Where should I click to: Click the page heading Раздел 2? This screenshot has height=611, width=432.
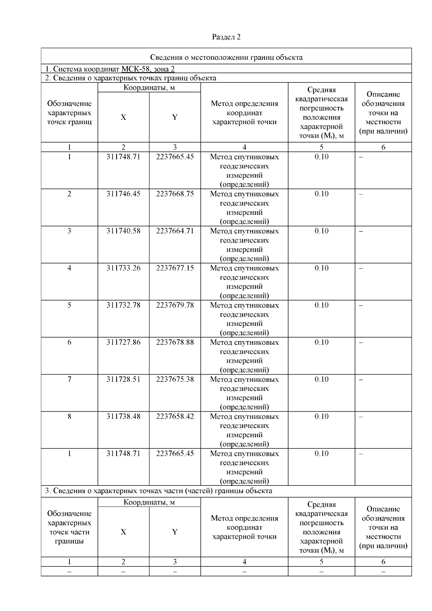(x=226, y=37)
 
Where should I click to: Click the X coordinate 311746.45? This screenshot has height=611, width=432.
(x=123, y=194)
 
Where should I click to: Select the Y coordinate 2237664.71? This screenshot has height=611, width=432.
(x=175, y=231)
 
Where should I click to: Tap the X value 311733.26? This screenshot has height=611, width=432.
(x=123, y=268)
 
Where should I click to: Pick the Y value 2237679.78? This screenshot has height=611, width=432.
(x=175, y=305)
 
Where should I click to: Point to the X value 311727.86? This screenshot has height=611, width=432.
(x=123, y=342)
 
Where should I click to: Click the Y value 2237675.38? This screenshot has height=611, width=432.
(x=175, y=379)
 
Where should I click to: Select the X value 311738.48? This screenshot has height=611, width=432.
(x=123, y=416)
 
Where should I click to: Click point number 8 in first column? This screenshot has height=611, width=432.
(x=69, y=416)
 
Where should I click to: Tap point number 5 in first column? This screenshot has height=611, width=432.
(x=69, y=305)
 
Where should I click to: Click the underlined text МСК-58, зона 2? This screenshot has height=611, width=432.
(x=148, y=69)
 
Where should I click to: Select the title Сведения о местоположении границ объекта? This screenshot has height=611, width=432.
(x=226, y=57)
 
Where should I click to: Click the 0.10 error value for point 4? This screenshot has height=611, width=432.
(x=321, y=268)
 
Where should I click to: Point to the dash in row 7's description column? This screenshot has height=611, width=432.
(x=361, y=380)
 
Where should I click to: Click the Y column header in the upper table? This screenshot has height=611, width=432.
(x=175, y=117)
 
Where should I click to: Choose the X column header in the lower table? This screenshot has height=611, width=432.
(x=123, y=532)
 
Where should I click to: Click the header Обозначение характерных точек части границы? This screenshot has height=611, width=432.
(x=69, y=527)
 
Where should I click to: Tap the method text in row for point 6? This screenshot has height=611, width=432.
(x=244, y=356)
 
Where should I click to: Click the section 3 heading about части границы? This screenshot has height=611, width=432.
(x=158, y=491)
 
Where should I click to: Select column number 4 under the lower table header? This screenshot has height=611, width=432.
(x=244, y=562)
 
